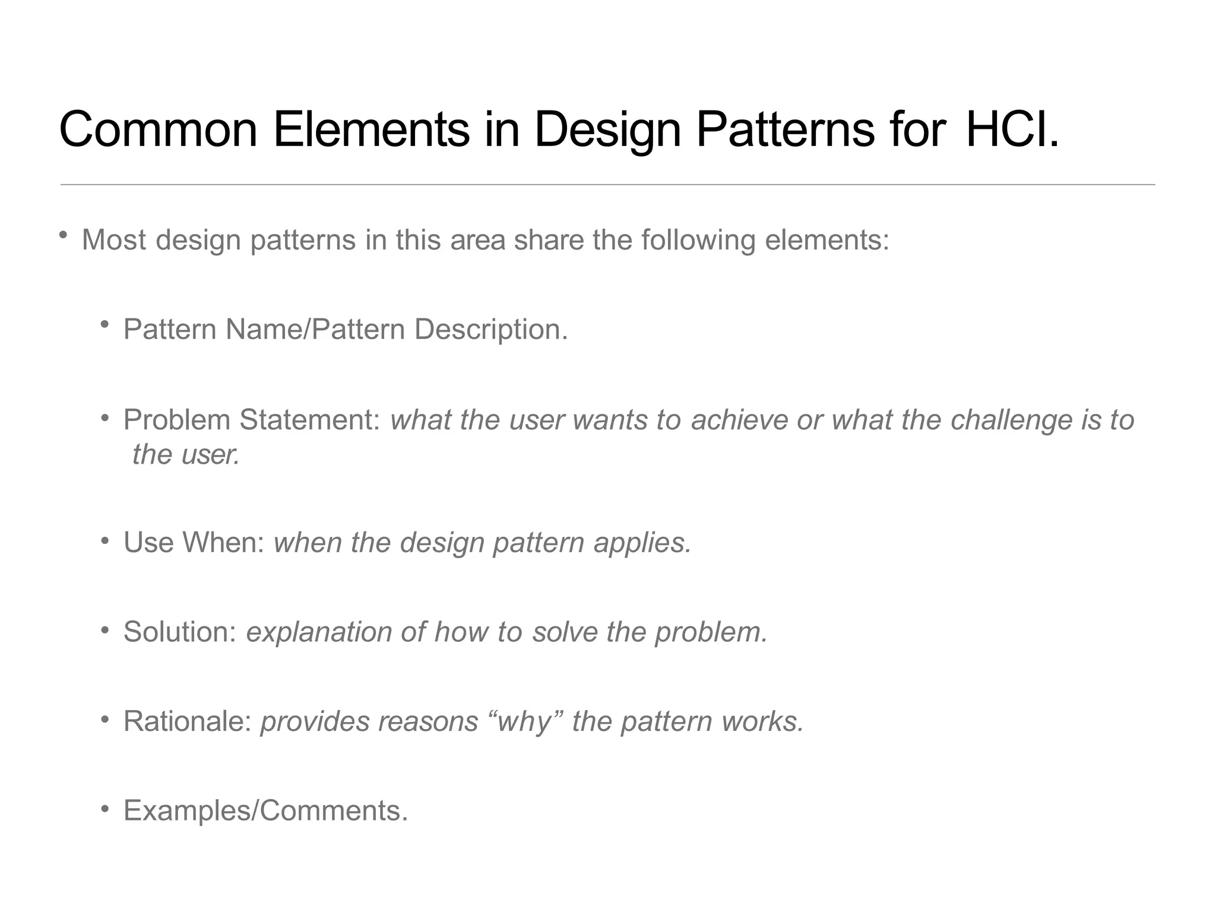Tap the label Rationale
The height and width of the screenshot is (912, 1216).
tap(188, 721)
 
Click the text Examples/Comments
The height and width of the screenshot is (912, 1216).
tap(265, 811)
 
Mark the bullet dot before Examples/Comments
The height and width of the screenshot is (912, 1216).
tap(105, 808)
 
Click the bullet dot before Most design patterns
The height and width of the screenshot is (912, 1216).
tap(63, 236)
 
